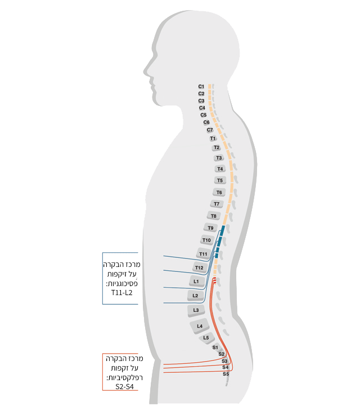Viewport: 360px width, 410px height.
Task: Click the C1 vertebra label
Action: click(201, 86)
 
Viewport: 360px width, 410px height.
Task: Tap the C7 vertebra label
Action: click(210, 130)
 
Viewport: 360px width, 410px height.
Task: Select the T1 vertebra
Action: click(213, 139)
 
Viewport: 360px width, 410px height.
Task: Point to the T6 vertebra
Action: click(219, 193)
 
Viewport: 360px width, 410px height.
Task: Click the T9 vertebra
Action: click(210, 228)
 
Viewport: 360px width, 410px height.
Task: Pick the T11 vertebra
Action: click(203, 254)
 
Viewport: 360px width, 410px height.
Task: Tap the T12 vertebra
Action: click(199, 268)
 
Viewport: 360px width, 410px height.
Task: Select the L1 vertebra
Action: click(196, 282)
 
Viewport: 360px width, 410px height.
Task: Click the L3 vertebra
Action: click(196, 310)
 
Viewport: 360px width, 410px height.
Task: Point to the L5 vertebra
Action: click(206, 338)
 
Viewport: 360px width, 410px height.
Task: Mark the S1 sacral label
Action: click(215, 347)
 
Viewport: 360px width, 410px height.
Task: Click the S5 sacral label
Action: click(226, 374)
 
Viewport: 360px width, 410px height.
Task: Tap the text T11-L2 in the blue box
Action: click(121, 293)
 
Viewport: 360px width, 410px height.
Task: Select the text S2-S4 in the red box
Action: click(124, 386)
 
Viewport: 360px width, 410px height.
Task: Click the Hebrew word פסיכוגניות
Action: click(121, 283)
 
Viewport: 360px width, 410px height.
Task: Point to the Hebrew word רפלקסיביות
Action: click(124, 377)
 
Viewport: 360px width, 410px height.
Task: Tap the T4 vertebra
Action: click(220, 169)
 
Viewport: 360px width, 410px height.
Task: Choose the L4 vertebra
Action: click(200, 326)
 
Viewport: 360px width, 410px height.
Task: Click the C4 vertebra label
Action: click(202, 108)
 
